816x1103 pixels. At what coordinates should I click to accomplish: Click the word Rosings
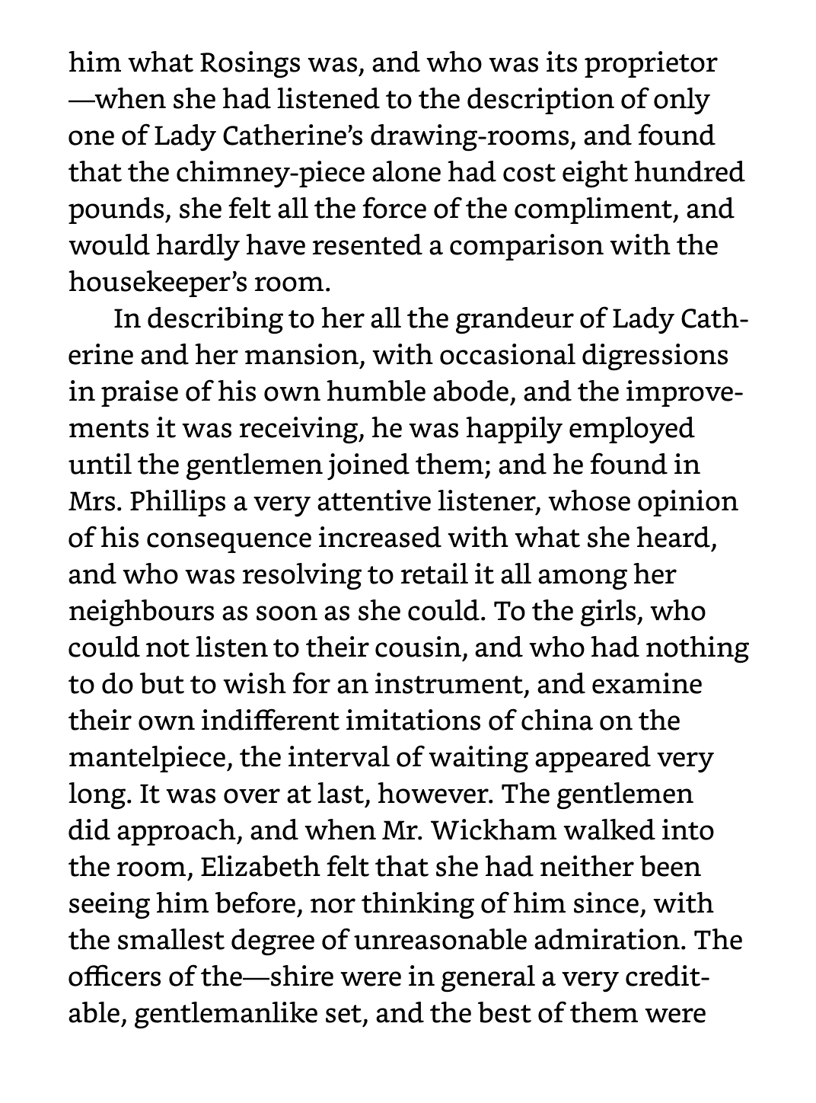[247, 63]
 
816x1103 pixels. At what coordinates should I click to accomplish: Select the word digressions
[649, 356]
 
